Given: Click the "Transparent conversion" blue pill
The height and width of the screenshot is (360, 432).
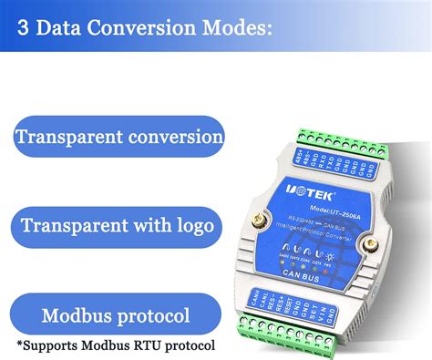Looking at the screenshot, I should (x=118, y=138).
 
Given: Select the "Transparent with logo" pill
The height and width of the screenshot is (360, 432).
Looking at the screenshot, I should (x=118, y=225).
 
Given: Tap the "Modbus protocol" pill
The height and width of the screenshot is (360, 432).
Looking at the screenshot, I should (x=116, y=316).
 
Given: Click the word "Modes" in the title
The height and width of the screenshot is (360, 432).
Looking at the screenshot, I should (x=231, y=28).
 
